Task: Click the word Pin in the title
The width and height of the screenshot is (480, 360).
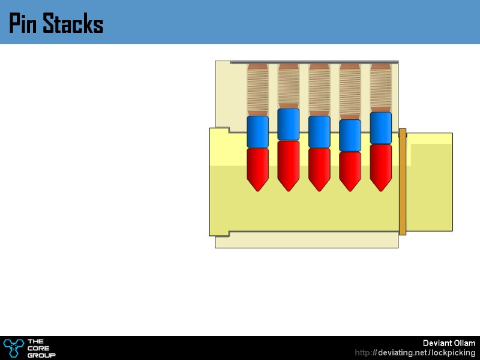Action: click(23, 25)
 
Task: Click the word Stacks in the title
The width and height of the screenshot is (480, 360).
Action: click(73, 25)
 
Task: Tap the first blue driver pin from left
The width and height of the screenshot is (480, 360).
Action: click(257, 132)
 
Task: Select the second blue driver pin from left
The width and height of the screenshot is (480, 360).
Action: click(288, 124)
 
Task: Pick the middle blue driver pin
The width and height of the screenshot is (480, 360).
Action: click(319, 131)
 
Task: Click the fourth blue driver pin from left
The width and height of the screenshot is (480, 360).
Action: click(350, 136)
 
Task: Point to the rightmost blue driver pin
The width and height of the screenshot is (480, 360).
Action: click(380, 128)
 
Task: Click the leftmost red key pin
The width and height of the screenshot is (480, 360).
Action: click(257, 168)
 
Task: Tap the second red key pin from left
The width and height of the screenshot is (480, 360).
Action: click(288, 164)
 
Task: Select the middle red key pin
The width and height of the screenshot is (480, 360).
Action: click(319, 168)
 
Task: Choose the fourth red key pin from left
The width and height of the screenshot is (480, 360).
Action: click(350, 170)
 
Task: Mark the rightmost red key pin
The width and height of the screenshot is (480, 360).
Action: click(380, 166)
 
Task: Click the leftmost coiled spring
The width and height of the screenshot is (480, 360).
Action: click(257, 90)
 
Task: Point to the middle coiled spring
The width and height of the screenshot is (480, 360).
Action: click(319, 90)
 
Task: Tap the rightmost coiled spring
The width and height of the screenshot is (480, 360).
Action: click(380, 88)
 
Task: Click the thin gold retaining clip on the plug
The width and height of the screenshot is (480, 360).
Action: click(402, 181)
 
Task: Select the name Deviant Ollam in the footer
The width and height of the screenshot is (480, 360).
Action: click(449, 343)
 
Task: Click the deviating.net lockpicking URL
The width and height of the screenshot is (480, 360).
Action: click(415, 353)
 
